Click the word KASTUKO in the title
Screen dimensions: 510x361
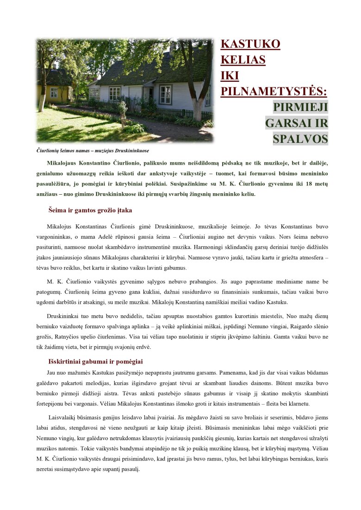tap(250, 44)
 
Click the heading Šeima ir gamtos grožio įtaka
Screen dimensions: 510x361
tap(90, 210)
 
